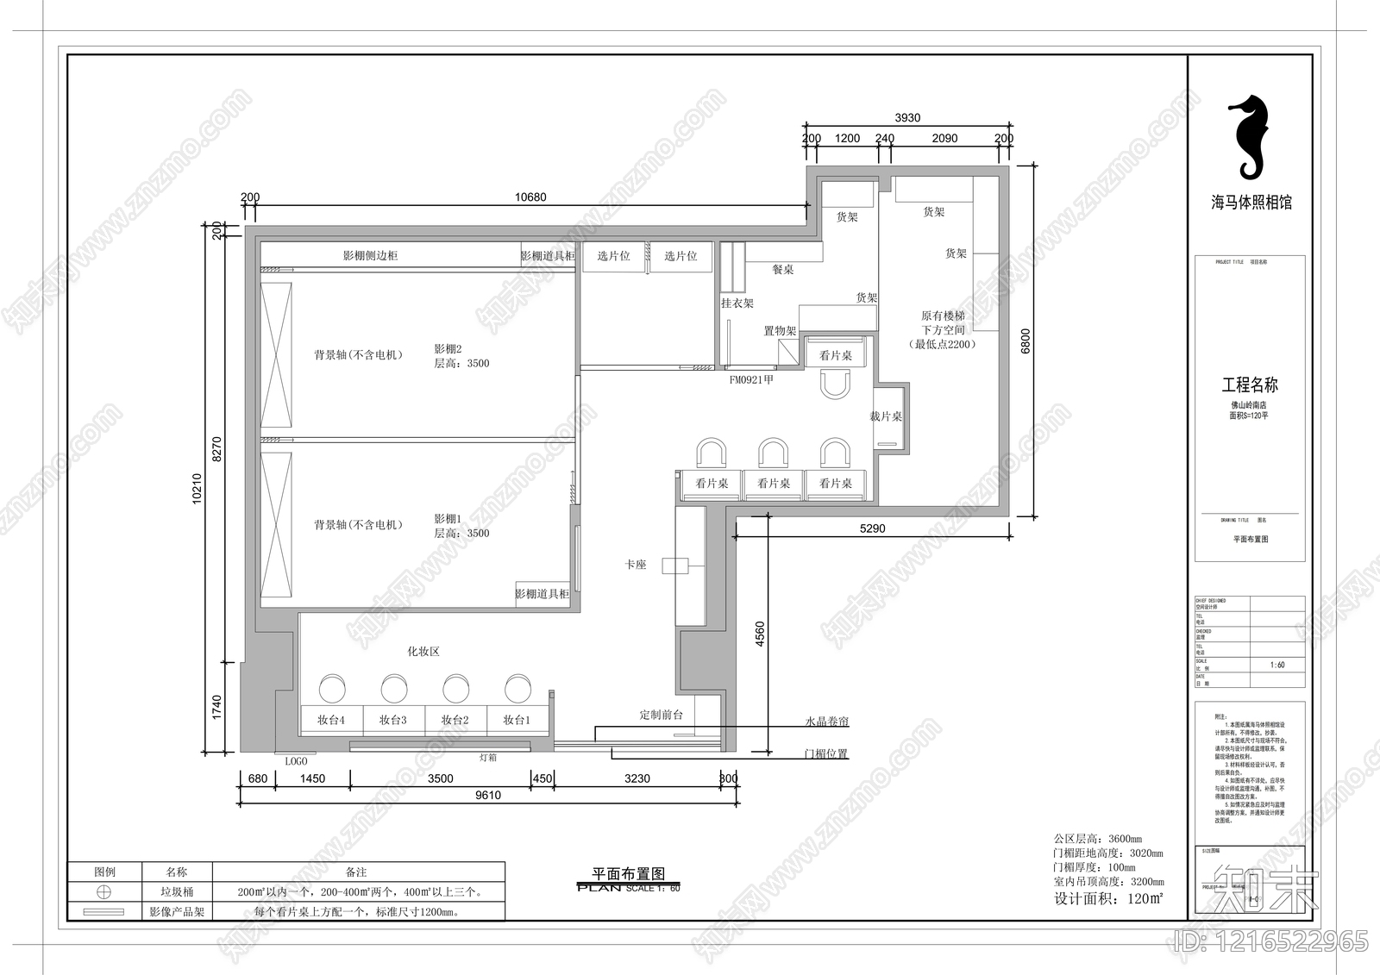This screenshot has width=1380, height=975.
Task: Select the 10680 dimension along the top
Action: coord(530,197)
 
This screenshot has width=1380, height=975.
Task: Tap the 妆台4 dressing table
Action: coord(331,720)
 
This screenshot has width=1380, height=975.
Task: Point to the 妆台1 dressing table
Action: coord(517,720)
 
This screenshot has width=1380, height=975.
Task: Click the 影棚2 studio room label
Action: coord(448,349)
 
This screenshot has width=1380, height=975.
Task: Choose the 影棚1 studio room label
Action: coord(448,519)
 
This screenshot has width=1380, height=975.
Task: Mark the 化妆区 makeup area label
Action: coord(423,652)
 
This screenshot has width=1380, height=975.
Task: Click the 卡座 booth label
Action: coord(636,565)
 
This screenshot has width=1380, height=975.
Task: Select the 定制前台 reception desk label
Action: coord(661,715)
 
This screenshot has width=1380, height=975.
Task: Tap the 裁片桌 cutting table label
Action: coord(886,416)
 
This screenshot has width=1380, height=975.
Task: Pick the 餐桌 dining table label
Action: coord(782,270)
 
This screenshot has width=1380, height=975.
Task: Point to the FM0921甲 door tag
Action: coord(751,379)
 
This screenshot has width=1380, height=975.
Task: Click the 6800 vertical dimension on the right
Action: coord(1026,341)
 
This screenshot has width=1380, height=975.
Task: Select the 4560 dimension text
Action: coord(760,634)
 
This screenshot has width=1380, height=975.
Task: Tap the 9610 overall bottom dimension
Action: coord(488,795)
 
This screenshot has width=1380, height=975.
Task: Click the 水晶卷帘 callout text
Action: coord(826,722)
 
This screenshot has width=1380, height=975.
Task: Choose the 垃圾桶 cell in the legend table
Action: coord(177,892)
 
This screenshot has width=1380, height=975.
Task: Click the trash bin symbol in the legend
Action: coord(103,892)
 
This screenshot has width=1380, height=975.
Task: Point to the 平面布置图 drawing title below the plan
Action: coord(628,874)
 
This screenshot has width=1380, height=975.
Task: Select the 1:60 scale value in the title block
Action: coord(1277,665)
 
